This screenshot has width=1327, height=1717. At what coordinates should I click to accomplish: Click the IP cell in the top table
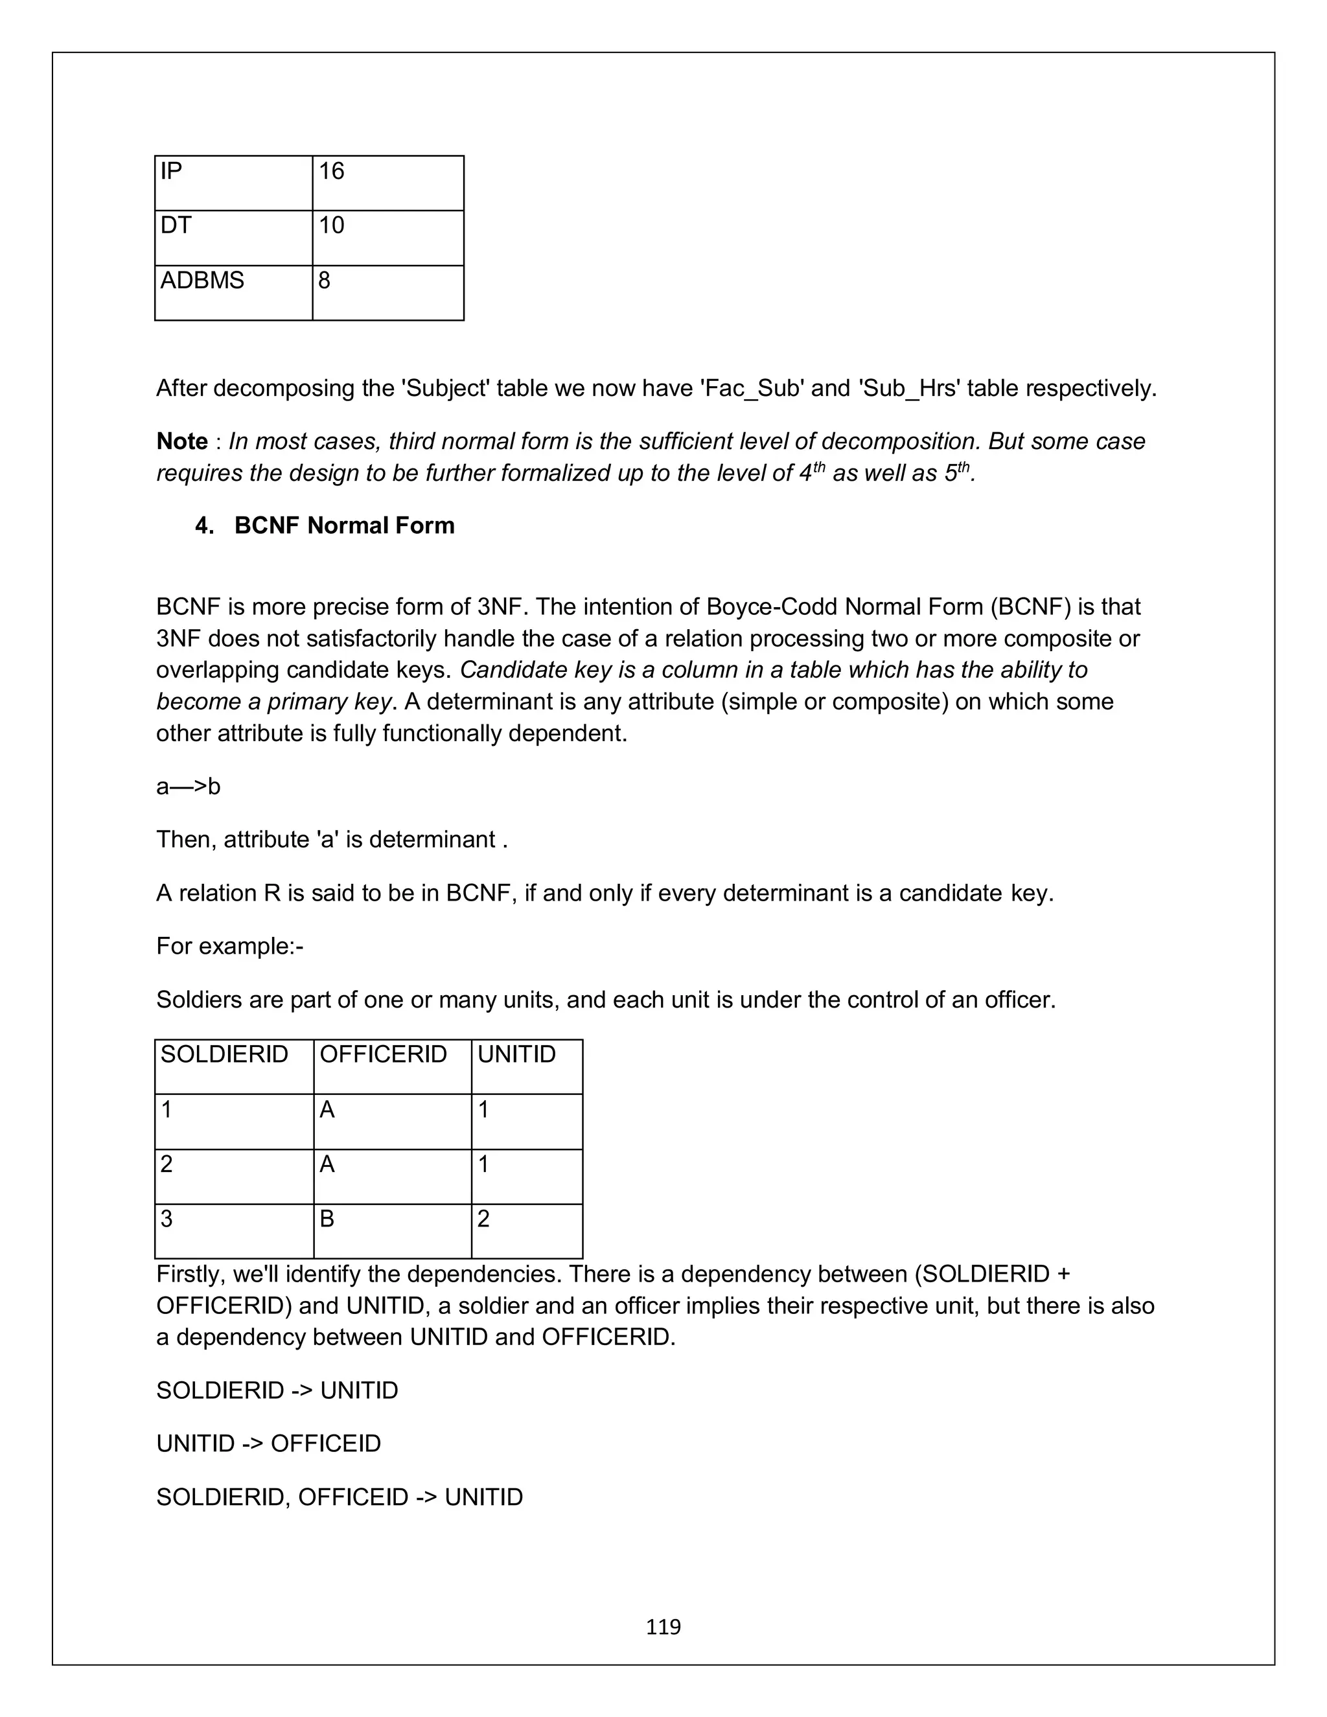coord(233,183)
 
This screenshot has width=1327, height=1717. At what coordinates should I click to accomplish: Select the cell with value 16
coord(387,183)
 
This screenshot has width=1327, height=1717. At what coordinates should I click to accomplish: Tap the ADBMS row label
coord(233,292)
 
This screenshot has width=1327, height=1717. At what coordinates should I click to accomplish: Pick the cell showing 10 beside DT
coord(387,237)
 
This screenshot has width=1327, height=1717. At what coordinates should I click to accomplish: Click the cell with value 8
coord(387,292)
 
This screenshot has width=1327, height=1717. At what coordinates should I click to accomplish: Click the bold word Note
coord(181,441)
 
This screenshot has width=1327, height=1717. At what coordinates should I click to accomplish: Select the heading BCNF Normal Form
coord(344,525)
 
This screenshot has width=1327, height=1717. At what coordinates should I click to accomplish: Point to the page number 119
coord(663,1626)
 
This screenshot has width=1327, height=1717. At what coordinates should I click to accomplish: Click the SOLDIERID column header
coord(233,1065)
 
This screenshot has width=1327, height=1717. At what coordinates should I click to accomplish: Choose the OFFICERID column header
coord(391,1065)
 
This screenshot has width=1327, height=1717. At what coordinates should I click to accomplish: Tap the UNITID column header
coord(526,1065)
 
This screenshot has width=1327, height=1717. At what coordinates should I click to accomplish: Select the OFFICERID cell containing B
coord(391,1230)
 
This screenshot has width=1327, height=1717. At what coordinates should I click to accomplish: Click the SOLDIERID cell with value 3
coord(233,1230)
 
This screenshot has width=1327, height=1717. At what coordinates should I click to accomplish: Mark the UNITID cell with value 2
coord(526,1230)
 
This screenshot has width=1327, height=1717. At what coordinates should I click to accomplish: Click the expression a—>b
coord(188,786)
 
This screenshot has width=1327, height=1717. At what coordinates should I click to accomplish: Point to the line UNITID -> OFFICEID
coord(268,1444)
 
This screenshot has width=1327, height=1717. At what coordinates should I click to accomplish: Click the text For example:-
coord(229,946)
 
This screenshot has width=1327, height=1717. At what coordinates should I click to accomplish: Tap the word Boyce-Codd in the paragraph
coord(772,607)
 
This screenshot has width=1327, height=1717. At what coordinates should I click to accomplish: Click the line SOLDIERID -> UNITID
coord(277,1390)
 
